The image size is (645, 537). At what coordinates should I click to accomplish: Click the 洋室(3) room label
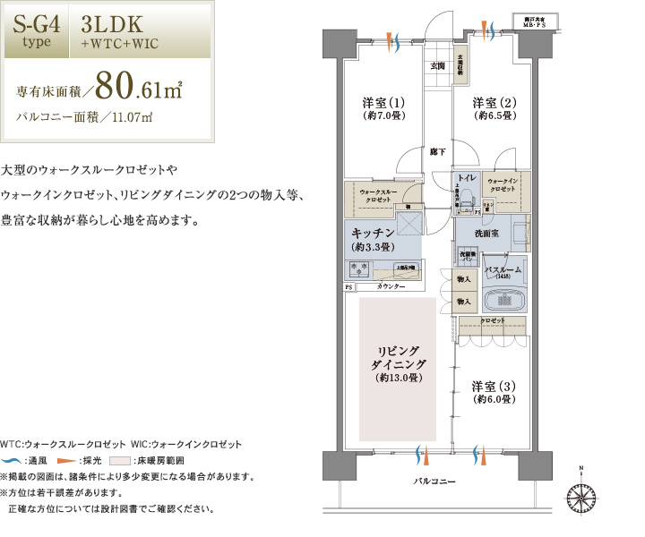coord(494,392)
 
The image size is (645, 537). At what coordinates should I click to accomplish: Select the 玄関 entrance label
coord(437,66)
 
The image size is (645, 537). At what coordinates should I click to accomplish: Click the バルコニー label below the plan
coord(434,482)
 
